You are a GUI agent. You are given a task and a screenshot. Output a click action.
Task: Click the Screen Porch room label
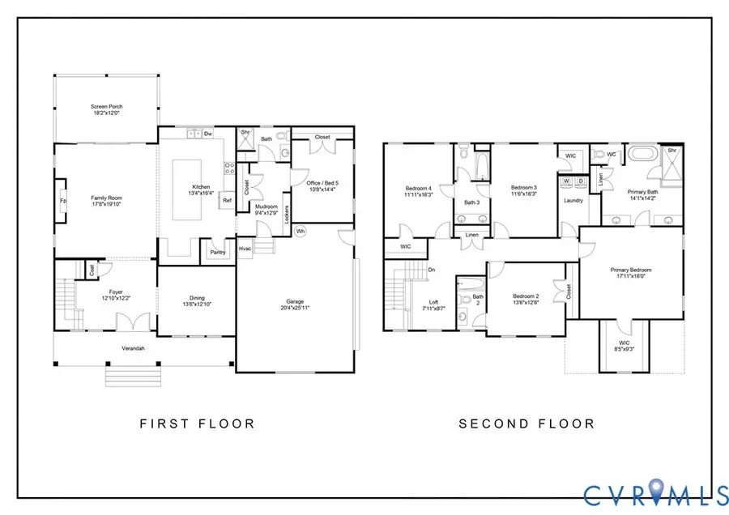click(x=105, y=106)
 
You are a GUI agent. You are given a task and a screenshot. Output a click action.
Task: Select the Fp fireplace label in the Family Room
click(x=62, y=200)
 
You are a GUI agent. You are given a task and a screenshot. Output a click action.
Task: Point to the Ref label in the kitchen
click(x=227, y=199)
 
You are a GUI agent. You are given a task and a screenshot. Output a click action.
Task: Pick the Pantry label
click(x=217, y=252)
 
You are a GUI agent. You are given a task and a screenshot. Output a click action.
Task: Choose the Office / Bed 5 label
click(x=322, y=182)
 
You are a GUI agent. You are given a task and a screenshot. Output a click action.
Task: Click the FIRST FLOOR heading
click(x=197, y=423)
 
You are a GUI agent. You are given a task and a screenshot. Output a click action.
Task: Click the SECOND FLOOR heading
click(x=526, y=423)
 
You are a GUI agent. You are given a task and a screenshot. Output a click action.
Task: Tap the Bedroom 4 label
click(x=418, y=188)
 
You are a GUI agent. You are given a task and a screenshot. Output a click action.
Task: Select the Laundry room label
click(x=573, y=200)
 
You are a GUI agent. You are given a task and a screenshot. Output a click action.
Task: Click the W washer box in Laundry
click(x=567, y=181)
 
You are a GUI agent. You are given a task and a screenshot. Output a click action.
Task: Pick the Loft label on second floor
click(x=433, y=303)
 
